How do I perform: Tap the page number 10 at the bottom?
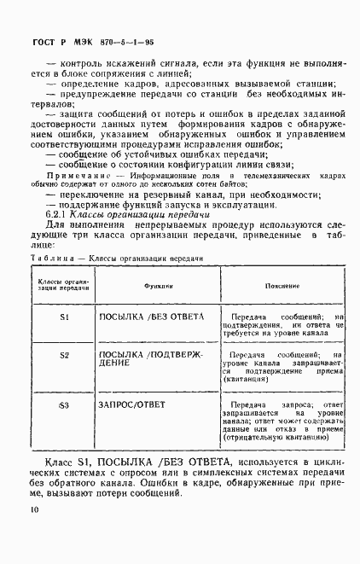point(33,510)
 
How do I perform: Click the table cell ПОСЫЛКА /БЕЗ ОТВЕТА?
point(152,317)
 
